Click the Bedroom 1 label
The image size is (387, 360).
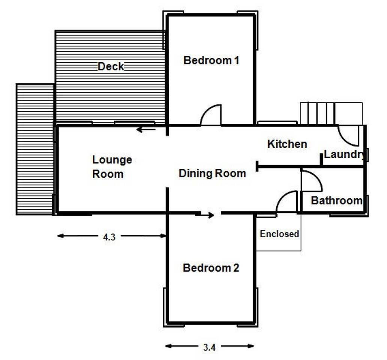tap(211, 60)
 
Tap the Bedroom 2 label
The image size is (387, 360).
tap(211, 268)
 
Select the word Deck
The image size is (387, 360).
tap(111, 67)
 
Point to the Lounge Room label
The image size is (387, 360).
tap(112, 167)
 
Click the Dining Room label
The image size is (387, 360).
tap(212, 174)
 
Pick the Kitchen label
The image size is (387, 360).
tap(287, 144)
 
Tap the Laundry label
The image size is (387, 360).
tap(344, 154)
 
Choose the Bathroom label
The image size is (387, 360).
tap(337, 201)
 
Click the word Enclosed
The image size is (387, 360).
tap(279, 234)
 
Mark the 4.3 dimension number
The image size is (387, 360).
tap(109, 237)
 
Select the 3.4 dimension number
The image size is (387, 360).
tap(209, 347)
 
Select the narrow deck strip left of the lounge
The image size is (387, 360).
tap(35, 149)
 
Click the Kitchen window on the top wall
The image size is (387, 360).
tap(277, 123)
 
